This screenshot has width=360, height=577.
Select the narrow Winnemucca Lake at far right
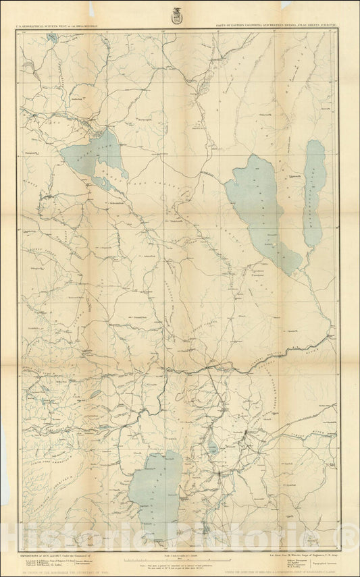tap(313, 192)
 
